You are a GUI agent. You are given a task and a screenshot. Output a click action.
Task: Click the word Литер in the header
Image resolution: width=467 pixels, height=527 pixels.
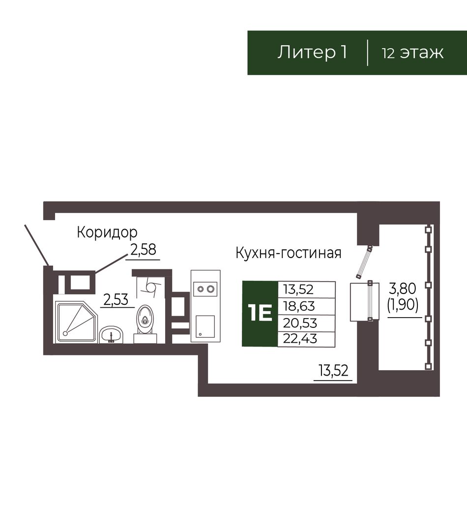pos(306,53)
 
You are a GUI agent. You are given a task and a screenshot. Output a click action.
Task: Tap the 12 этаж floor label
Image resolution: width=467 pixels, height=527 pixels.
pos(412,53)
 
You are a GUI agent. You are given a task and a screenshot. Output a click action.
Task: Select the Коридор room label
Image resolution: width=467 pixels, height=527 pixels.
pos(107,232)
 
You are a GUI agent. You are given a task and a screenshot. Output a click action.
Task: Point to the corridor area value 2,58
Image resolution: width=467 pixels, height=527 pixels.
pos(143,250)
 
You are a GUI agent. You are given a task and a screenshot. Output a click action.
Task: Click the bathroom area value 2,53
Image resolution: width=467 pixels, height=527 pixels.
pos(116,299)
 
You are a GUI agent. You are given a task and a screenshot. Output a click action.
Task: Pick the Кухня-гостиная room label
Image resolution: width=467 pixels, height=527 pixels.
pos(288,253)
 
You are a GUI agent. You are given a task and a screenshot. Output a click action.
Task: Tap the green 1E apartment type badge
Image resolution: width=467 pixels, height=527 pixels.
pos(260,313)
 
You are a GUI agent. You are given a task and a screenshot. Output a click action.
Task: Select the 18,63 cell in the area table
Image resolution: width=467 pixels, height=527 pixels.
pos(299,306)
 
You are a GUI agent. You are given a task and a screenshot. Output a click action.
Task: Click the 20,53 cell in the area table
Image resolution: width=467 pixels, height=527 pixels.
pos(300,323)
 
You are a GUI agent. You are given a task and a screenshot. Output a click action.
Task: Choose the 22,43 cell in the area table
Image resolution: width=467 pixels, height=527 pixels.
pos(300,339)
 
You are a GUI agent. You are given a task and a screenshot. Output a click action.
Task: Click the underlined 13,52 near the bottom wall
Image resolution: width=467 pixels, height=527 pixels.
pos(333,371)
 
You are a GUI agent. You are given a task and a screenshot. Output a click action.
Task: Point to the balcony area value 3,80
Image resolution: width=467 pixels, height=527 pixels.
pos(403,289)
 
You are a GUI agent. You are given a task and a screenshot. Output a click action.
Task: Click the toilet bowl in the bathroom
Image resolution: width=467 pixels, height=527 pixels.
pos(145,319)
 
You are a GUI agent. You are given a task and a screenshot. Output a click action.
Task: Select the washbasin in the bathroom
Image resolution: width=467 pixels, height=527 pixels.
pos(111,335)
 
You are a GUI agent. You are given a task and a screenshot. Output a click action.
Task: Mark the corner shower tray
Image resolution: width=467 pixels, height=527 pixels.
pos(76,322)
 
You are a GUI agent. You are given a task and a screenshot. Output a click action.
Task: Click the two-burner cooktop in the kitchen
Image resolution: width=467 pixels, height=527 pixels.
pos(205,289)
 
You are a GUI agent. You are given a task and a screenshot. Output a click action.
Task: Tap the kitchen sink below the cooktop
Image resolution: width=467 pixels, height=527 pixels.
pos(205,326)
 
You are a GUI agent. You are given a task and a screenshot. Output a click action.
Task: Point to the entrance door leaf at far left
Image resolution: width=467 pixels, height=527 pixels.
pos(37,245)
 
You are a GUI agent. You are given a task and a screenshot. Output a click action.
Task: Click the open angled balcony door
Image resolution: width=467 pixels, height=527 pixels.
pos(365,262)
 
